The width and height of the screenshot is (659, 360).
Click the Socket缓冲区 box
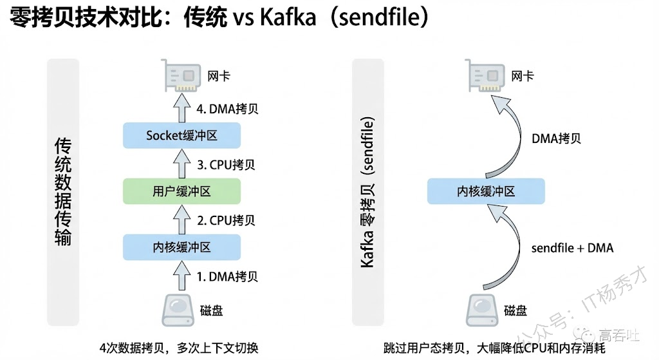(x=181, y=135)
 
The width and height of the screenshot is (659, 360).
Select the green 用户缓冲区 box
(x=181, y=191)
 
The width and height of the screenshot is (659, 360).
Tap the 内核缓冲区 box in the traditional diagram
(x=181, y=247)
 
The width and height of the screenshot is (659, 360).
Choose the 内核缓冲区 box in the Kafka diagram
(x=486, y=191)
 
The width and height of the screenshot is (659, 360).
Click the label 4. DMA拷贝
(x=227, y=108)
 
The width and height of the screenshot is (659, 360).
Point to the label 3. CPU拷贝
(x=226, y=164)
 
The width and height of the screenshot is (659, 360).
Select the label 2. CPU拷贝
(x=226, y=220)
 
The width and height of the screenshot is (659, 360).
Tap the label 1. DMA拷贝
(x=227, y=277)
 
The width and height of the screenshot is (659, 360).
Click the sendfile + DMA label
(x=572, y=248)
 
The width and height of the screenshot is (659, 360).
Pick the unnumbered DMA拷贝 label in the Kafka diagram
(x=557, y=138)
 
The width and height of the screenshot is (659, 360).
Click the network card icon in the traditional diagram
(x=181, y=76)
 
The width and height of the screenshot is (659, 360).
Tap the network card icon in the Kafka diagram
(x=486, y=76)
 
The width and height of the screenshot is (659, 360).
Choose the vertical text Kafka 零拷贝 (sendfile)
(x=367, y=191)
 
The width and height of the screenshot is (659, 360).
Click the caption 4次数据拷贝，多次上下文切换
(x=180, y=348)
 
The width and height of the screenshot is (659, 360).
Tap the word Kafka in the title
(x=288, y=18)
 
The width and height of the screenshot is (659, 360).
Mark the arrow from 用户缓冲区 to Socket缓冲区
(x=181, y=164)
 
